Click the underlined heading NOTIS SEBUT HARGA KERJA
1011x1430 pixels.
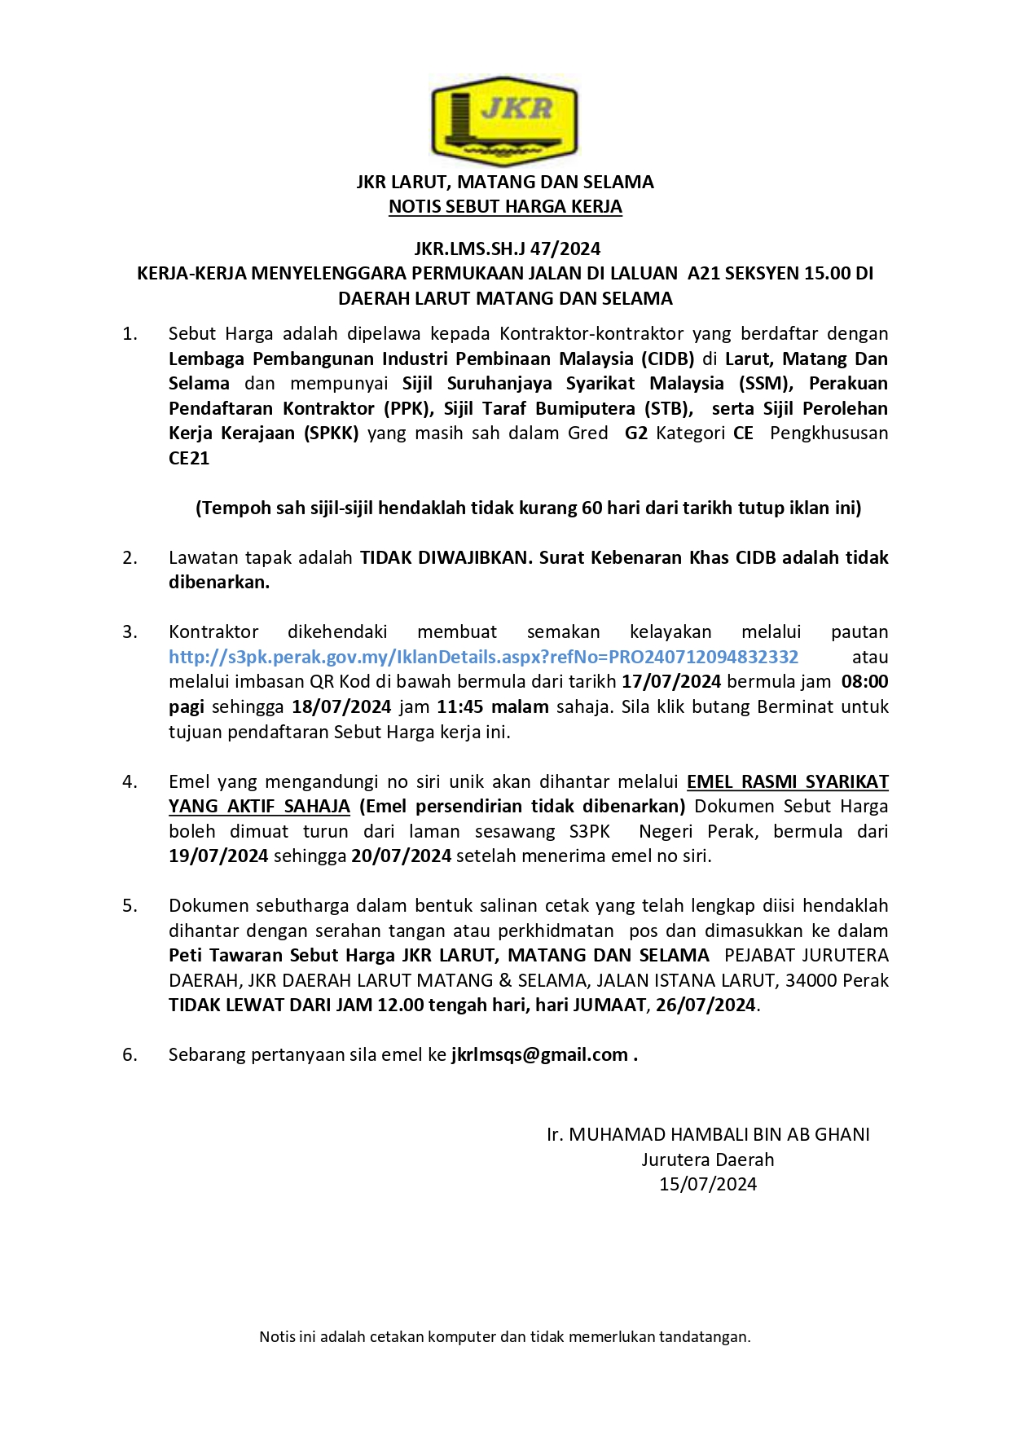(505, 207)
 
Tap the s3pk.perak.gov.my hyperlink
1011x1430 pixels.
(483, 658)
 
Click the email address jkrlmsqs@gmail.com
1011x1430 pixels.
(539, 1055)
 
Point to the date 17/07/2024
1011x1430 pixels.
(671, 682)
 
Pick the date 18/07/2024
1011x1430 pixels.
(342, 707)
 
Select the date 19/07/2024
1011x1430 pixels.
(218, 856)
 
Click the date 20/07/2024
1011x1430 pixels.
(401, 856)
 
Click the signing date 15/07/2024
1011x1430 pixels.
(707, 1185)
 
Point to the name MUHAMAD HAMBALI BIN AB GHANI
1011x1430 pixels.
(719, 1135)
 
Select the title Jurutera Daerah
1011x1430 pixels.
(707, 1160)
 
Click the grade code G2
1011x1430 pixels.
(636, 433)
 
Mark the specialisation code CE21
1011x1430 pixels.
(189, 459)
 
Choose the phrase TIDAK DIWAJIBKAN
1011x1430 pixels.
(445, 558)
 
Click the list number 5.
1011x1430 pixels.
(130, 906)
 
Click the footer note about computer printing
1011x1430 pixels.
(505, 1337)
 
